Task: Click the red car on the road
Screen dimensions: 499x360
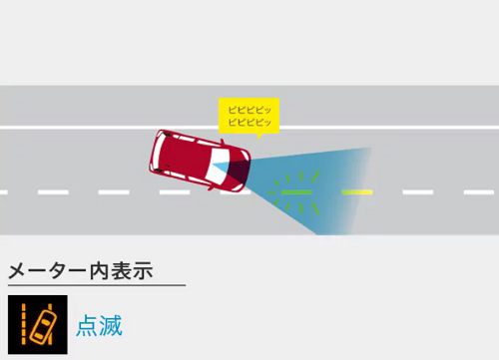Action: coord(195,160)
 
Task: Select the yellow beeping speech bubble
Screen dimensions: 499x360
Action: coord(249,113)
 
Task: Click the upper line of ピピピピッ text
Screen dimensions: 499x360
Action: coord(249,107)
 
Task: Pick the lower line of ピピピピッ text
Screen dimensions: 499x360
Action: coord(249,120)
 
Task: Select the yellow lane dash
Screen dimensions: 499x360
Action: coord(357,191)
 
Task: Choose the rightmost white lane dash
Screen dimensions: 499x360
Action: coord(479,191)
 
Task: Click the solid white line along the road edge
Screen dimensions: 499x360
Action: coord(100,127)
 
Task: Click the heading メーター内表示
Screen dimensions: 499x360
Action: coord(81,270)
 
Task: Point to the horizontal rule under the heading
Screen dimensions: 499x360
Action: coord(96,286)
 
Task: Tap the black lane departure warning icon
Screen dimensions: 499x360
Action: coord(37,325)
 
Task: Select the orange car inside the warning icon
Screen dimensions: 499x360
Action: coord(43,325)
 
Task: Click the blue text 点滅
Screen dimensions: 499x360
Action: coord(99,326)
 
